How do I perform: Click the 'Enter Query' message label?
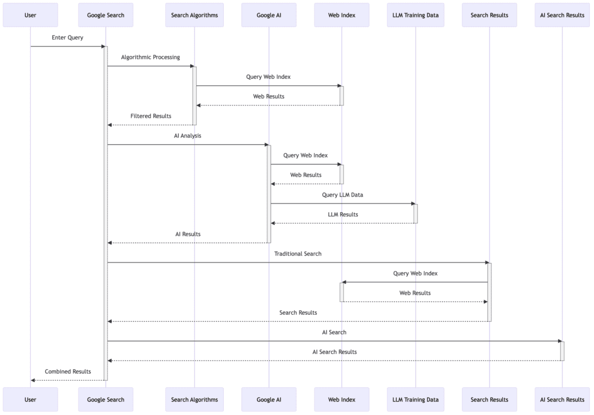click(67, 38)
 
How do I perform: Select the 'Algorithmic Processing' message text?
click(150, 57)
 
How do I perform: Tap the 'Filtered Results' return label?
click(151, 116)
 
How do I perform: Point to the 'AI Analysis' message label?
click(187, 136)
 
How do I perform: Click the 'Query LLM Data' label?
click(342, 195)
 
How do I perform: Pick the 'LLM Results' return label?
click(342, 214)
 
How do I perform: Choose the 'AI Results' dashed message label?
click(188, 234)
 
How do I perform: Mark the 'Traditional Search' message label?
click(298, 254)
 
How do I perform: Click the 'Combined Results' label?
click(68, 372)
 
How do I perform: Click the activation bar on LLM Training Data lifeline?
click(415, 213)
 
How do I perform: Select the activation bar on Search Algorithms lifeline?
click(194, 95)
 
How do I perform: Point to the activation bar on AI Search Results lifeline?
click(562, 351)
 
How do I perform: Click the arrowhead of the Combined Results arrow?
click(34, 380)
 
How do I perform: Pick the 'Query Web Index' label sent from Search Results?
click(415, 274)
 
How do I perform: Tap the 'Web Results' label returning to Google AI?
click(306, 175)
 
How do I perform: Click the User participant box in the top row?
click(30, 15)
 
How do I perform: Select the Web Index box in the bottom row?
click(342, 399)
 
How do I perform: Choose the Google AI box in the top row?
click(269, 15)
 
